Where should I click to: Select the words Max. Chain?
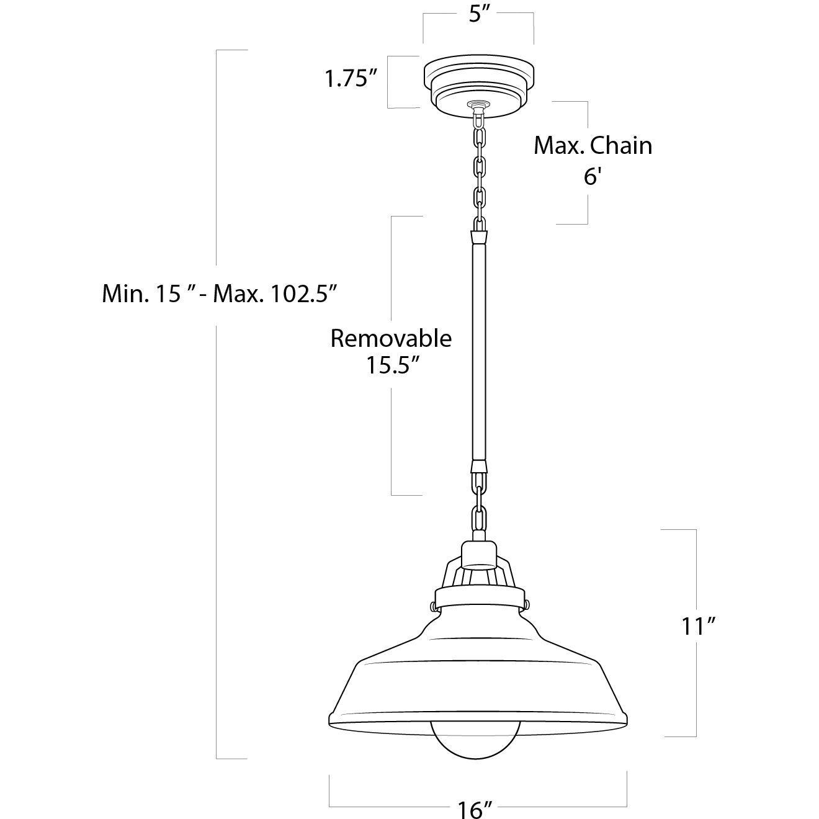(593, 146)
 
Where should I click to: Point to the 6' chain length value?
(593, 177)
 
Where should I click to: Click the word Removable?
(391, 339)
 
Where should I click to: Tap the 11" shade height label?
(699, 627)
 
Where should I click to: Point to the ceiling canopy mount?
(477, 84)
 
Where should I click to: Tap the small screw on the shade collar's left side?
(432, 604)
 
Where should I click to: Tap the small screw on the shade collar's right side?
(526, 603)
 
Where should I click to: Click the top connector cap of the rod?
(478, 236)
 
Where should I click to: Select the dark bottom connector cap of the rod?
(478, 467)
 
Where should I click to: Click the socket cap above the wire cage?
(480, 554)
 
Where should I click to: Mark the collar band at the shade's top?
(480, 597)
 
